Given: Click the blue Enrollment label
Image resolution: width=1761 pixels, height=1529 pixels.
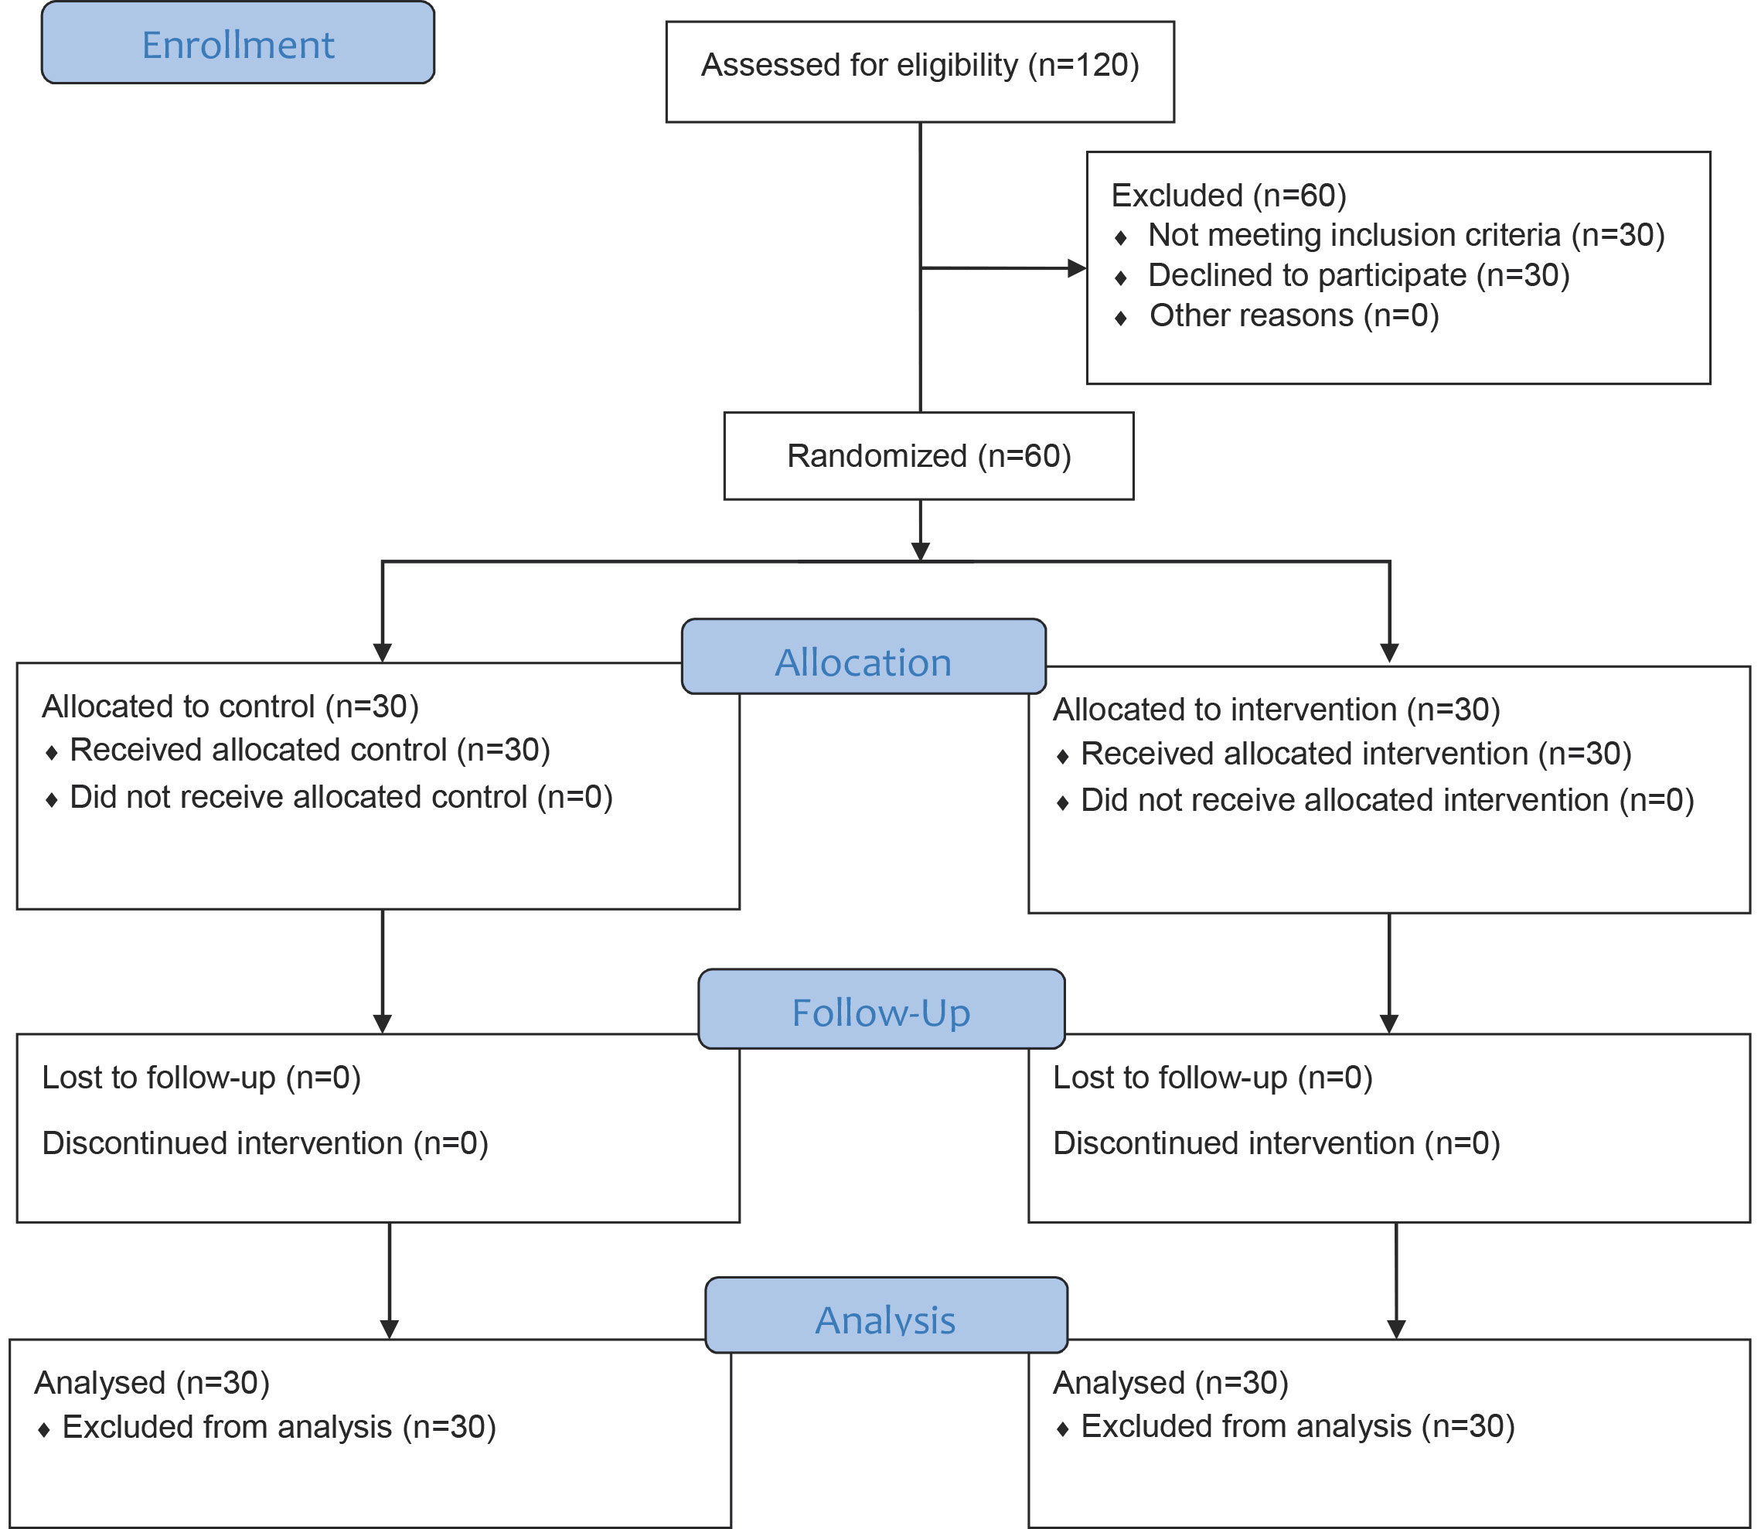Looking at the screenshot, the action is tap(238, 43).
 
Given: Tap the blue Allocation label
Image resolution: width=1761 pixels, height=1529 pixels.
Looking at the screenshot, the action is tap(863, 656).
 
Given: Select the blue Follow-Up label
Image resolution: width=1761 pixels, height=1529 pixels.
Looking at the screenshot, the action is tap(881, 1009).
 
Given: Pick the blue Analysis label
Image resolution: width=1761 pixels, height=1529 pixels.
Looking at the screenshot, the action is tap(887, 1315).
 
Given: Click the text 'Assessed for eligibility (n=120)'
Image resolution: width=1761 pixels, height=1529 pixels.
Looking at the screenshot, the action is tap(920, 65).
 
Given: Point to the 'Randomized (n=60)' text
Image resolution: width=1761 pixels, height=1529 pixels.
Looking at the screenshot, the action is tap(928, 455).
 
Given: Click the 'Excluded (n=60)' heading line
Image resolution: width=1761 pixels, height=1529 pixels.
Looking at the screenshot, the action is tap(1228, 196).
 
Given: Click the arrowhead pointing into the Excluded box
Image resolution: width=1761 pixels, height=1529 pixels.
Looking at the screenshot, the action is tap(1077, 268).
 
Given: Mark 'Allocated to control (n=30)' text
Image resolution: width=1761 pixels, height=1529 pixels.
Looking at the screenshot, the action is tap(230, 707).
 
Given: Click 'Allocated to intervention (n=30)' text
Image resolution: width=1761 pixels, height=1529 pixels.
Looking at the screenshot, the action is tap(1276, 709).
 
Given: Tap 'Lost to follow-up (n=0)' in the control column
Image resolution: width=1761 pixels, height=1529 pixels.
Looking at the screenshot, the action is tap(201, 1078).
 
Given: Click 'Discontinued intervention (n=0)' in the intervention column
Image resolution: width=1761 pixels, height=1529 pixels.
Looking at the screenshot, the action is tap(1276, 1143).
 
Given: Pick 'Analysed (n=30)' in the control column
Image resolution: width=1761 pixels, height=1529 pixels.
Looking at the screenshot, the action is tap(152, 1383).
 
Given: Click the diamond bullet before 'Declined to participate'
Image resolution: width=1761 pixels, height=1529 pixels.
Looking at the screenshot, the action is tap(1120, 278).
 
